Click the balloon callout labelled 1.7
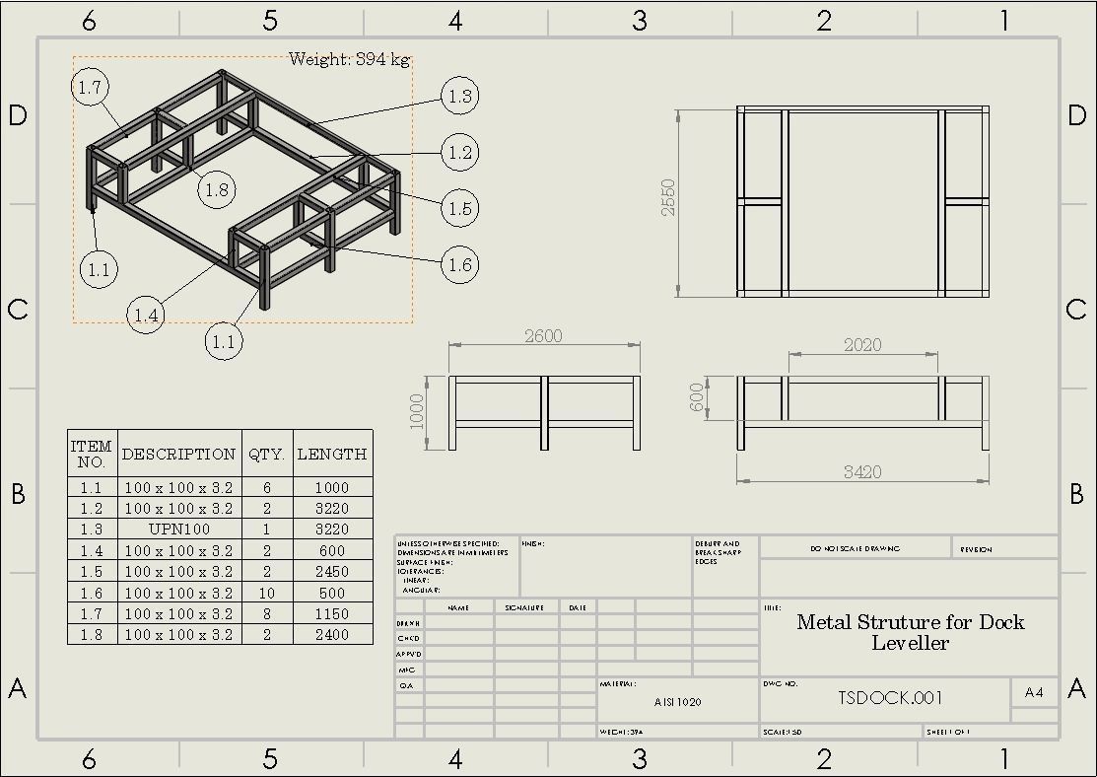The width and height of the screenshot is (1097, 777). [90, 88]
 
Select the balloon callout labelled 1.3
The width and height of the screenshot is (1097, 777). [459, 97]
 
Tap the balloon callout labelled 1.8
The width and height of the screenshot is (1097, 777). [218, 190]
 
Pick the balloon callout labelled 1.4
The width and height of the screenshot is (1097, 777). [146, 316]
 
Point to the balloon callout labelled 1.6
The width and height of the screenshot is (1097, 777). [459, 264]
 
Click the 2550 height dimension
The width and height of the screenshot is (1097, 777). [669, 197]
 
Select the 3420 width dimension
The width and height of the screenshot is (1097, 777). [862, 472]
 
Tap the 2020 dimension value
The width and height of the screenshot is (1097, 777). [862, 345]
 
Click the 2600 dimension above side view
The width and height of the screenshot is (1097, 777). [543, 336]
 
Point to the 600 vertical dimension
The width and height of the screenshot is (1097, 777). [698, 398]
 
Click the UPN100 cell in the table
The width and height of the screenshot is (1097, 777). [179, 530]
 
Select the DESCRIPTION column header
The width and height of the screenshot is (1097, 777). [179, 455]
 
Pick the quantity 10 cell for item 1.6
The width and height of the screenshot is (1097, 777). [267, 594]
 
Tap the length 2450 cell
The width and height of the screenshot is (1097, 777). [332, 572]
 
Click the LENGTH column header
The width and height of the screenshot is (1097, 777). [332, 455]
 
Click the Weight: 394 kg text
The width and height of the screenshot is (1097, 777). [349, 60]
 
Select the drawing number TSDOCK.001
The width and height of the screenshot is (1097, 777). [891, 698]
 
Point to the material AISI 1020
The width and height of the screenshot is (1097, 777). [678, 703]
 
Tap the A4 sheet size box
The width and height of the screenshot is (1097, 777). [1034, 692]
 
